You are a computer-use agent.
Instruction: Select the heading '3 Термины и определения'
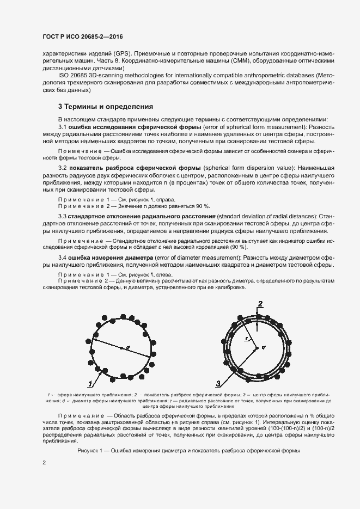pos(106,106)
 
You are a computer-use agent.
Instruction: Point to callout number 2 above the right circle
pos(260,304)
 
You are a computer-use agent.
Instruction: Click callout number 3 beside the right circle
pos(218,383)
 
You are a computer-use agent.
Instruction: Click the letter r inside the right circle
pos(246,338)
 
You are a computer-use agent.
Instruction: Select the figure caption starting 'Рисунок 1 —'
pos(188,451)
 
